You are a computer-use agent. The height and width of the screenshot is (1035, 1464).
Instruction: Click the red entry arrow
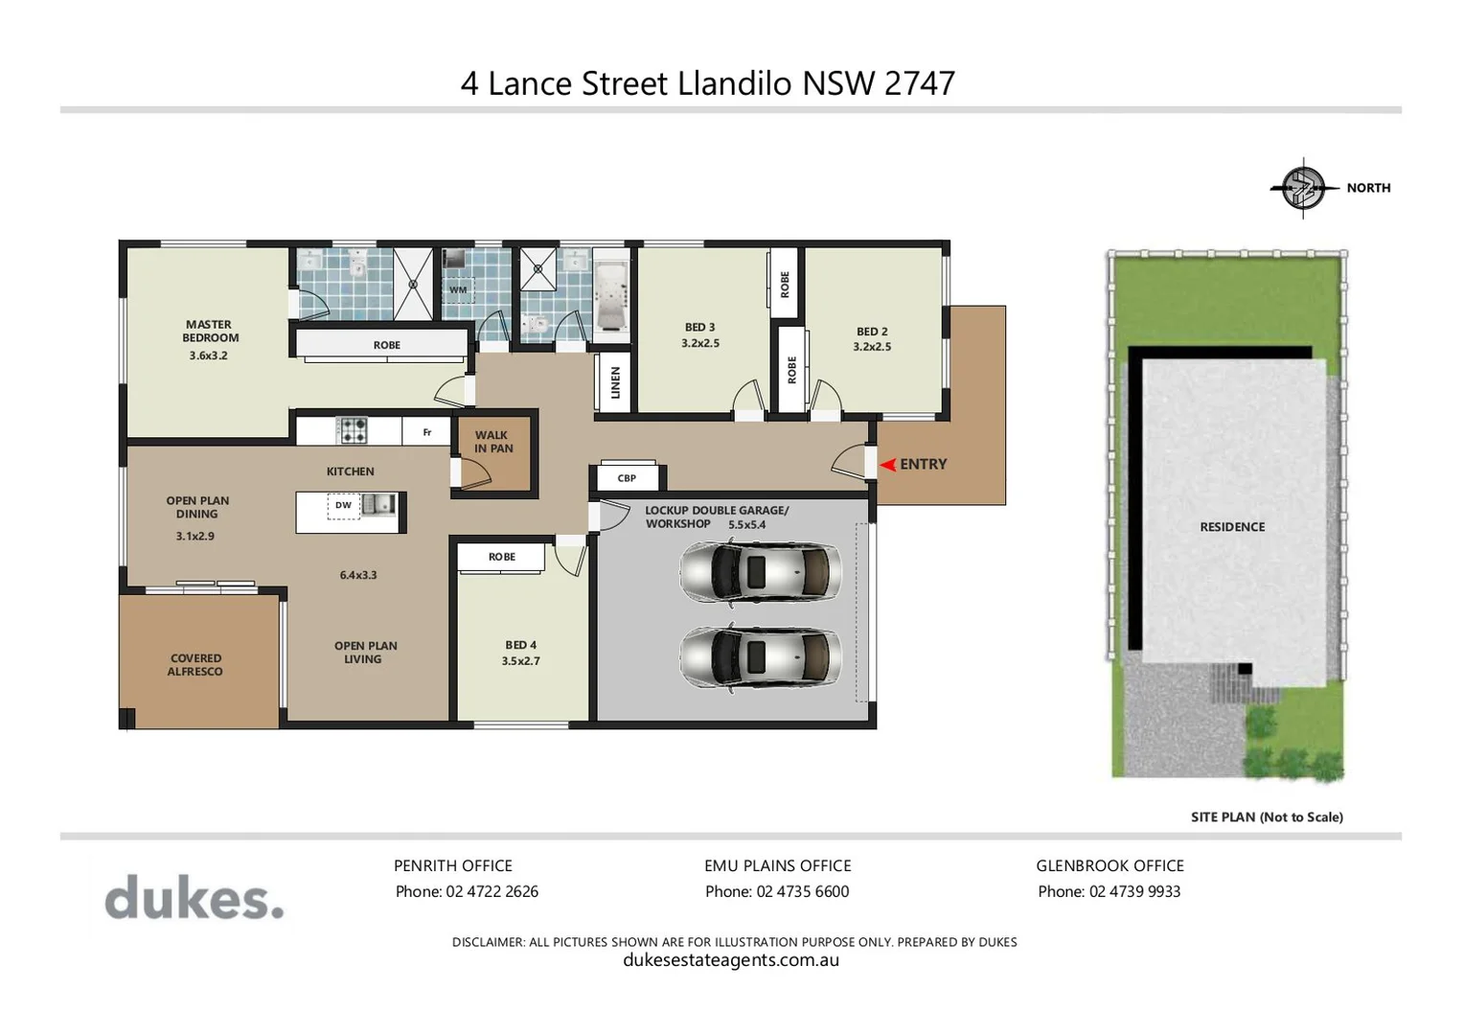click(x=888, y=465)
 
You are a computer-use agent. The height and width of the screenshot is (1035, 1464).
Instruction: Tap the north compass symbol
click(x=1303, y=188)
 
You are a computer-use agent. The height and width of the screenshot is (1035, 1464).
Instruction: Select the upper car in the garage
click(x=760, y=572)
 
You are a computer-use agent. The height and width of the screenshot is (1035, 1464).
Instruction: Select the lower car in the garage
click(x=760, y=657)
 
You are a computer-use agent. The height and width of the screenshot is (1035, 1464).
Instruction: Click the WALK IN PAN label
click(x=493, y=442)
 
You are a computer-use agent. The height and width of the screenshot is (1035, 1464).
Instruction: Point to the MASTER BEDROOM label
click(x=210, y=332)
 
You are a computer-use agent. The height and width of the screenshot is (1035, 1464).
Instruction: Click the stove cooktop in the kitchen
click(x=353, y=430)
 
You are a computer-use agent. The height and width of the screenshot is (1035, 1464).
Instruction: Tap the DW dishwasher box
click(x=343, y=506)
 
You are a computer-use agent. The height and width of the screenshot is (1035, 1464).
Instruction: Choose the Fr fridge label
click(x=427, y=432)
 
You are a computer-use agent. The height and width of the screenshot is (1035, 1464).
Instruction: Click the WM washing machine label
click(x=458, y=289)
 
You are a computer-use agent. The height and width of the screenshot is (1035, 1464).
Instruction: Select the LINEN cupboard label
click(x=615, y=382)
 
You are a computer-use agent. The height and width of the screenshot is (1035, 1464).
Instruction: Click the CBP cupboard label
click(x=627, y=477)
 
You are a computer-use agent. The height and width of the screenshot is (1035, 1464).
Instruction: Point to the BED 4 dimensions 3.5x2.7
click(x=520, y=661)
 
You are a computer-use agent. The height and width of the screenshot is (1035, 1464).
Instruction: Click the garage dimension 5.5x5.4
click(x=746, y=525)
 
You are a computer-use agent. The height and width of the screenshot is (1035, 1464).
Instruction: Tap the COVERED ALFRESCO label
click(x=195, y=665)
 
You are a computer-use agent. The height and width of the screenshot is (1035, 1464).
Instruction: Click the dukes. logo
click(x=194, y=898)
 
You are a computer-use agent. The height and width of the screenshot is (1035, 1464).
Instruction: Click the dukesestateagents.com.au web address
click(x=731, y=960)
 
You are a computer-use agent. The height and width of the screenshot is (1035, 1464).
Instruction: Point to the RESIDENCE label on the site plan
click(x=1232, y=527)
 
